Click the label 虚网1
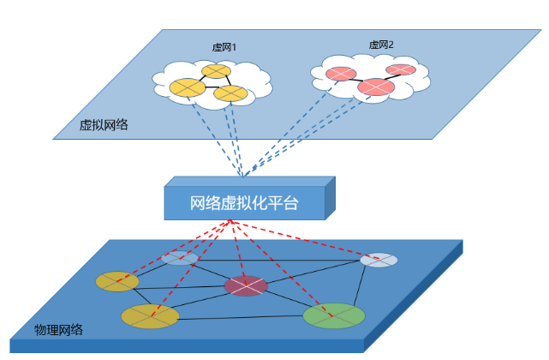(224, 48)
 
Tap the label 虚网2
(381, 45)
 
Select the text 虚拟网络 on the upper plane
(104, 124)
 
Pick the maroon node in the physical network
(246, 285)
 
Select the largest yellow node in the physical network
(150, 316)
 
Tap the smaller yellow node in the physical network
(116, 280)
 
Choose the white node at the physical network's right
(379, 260)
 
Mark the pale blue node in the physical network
(180, 258)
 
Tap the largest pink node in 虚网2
(375, 87)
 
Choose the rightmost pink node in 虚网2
(401, 69)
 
